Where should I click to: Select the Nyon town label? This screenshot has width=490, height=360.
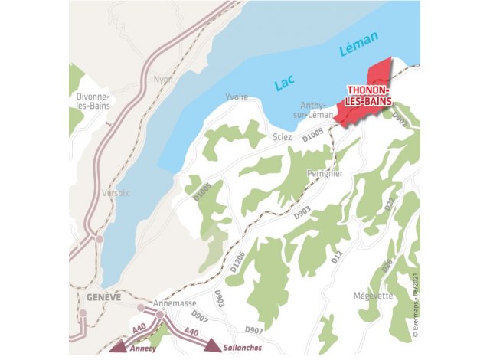point(163,79)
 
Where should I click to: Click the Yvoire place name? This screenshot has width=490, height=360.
point(237,97)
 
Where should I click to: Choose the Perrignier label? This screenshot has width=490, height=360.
point(325,173)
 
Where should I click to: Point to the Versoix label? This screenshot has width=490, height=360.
point(115,193)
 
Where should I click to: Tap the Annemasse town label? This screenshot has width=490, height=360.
point(171,303)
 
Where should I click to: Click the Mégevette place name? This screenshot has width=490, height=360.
point(373,296)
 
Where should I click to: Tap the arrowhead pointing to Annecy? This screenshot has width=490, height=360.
point(117,348)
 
